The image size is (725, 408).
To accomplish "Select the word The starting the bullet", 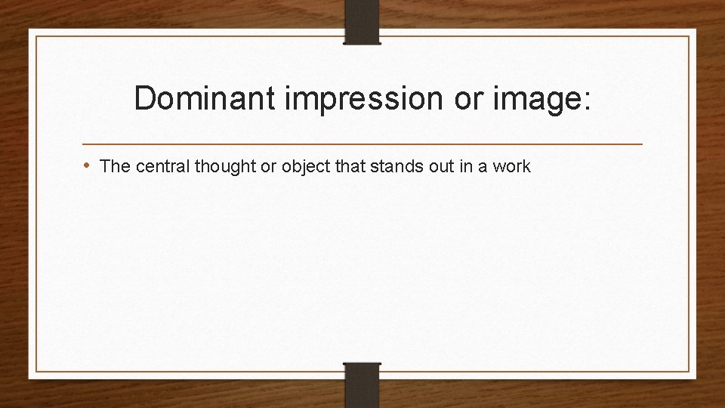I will (x=114, y=166).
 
